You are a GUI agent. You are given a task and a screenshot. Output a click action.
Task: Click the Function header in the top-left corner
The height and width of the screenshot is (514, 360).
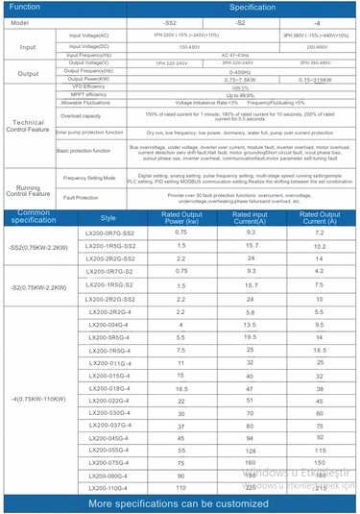[25, 6]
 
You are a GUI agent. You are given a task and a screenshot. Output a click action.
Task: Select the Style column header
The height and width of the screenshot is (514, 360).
[108, 218]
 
